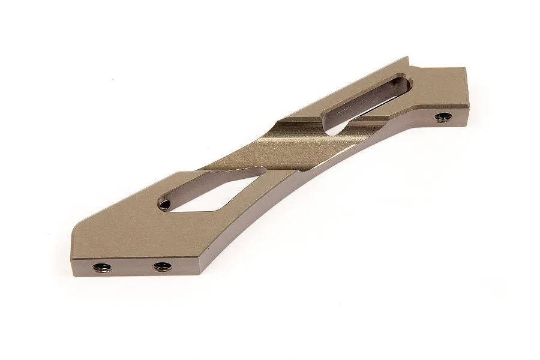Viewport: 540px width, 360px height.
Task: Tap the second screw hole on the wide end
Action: click(x=160, y=267)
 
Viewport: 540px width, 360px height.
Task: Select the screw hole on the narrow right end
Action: click(x=443, y=116)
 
